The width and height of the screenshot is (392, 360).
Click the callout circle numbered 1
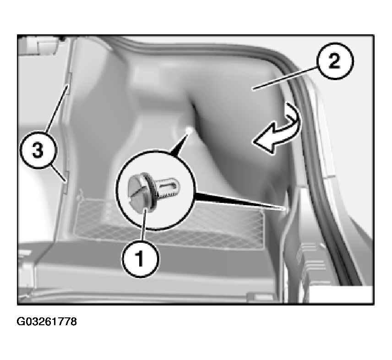141,258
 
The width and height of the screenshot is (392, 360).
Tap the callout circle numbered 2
335,61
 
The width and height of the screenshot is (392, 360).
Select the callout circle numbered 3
38,151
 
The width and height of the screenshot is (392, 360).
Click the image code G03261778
47,322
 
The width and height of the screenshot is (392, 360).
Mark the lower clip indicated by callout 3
66,182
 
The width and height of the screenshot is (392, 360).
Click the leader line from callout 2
285,77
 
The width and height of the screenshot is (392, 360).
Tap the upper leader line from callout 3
57,108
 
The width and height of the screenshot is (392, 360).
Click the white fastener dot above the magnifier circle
189,130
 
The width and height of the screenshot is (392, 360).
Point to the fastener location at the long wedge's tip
284,208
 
